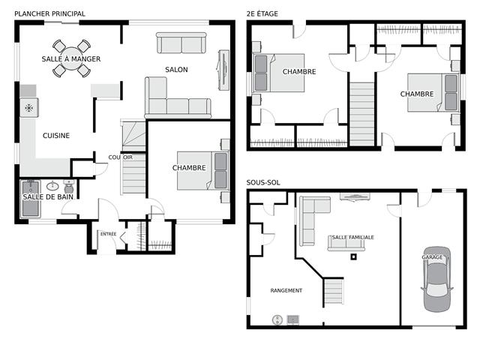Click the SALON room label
pyautogui.click(x=176, y=70)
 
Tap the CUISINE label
pyautogui.click(x=56, y=136)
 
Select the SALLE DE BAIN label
pyautogui.click(x=48, y=197)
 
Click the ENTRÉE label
pyautogui.click(x=108, y=234)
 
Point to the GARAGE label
pyautogui.click(x=432, y=257)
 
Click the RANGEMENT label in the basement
pyautogui.click(x=286, y=290)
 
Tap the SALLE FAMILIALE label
pyautogui.click(x=353, y=237)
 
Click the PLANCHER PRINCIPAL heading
pyautogui.click(x=49, y=13)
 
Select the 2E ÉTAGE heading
pyautogui.click(x=262, y=13)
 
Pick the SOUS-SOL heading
pyautogui.click(x=263, y=183)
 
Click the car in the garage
pyautogui.click(x=436, y=279)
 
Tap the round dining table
pyautogui.click(x=72, y=58)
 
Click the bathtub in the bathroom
pyautogui.click(x=31, y=199)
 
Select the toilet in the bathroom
pyautogui.click(x=69, y=187)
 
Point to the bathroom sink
pyautogui.click(x=52, y=185)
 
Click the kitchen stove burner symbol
pyautogui.click(x=29, y=107)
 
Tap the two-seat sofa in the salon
pyautogui.click(x=181, y=43)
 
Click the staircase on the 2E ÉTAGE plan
pyautogui.click(x=362, y=114)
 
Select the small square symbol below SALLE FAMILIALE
pyautogui.click(x=353, y=256)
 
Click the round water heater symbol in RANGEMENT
pyautogui.click(x=277, y=320)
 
